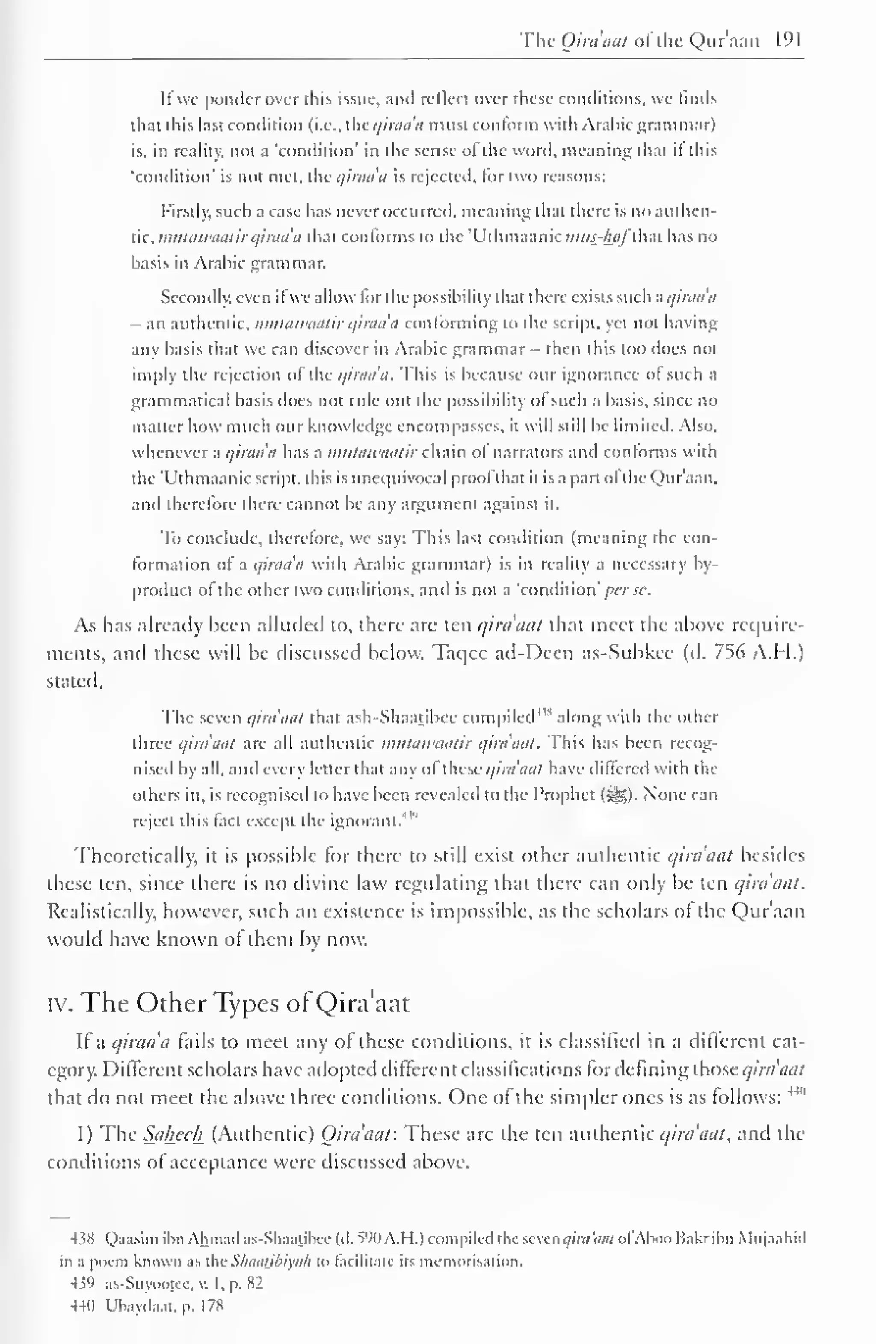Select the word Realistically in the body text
pos(97,912)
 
